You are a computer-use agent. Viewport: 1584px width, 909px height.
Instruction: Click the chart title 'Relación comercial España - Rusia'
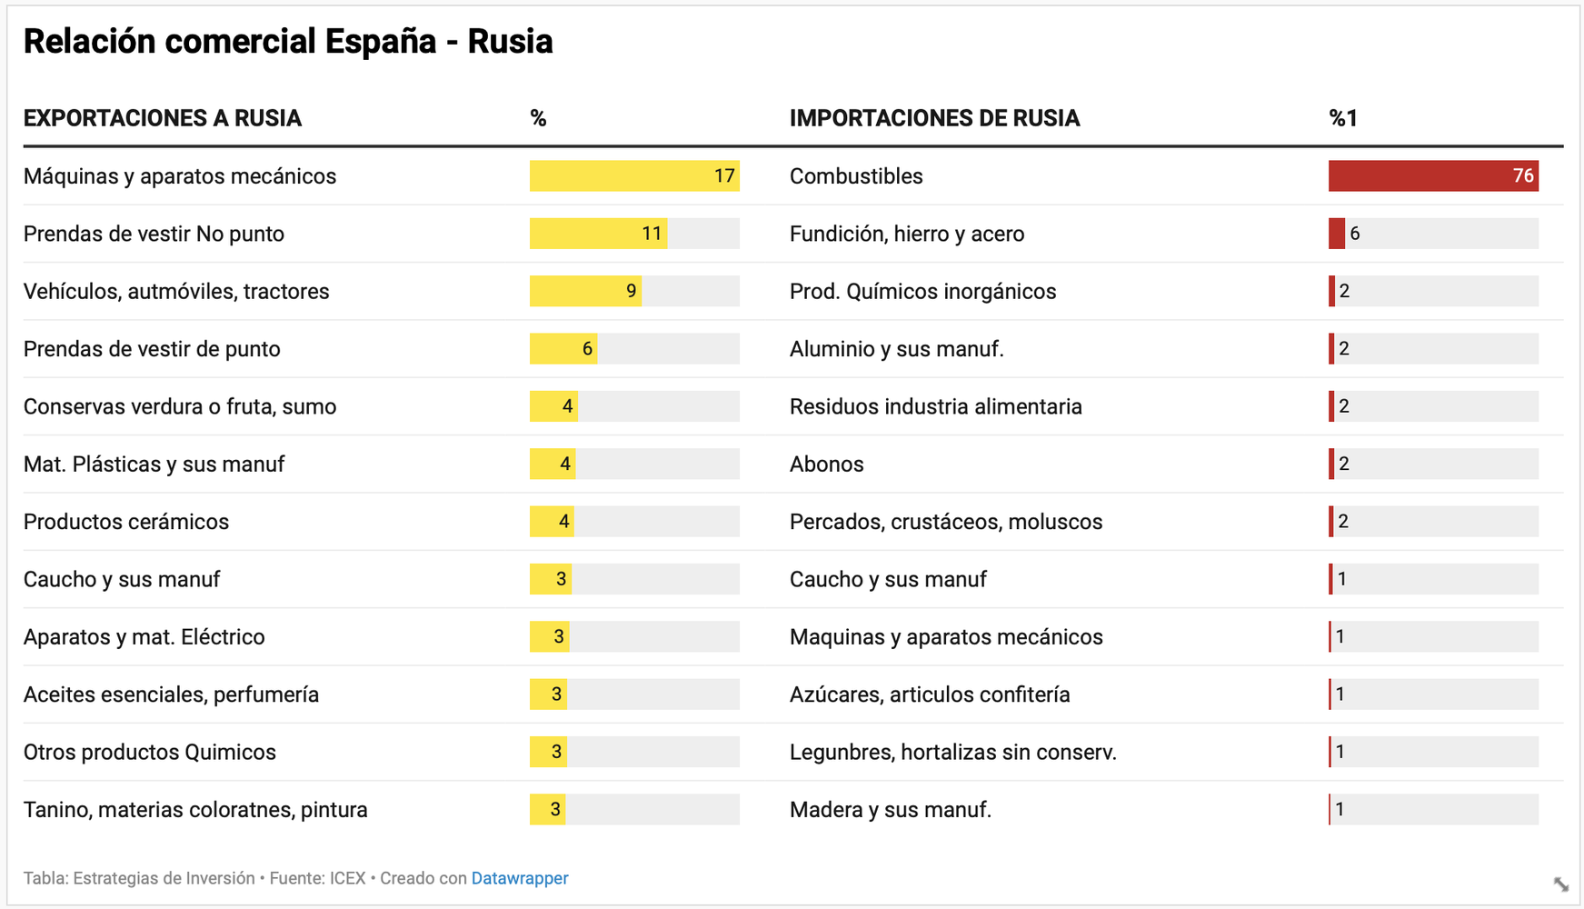pyautogui.click(x=288, y=42)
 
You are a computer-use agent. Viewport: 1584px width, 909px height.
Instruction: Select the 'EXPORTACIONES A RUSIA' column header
pyautogui.click(x=163, y=118)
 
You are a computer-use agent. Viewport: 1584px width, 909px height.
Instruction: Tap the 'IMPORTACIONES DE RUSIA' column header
pyautogui.click(x=934, y=118)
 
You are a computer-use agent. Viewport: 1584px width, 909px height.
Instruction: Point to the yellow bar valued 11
pyautogui.click(x=598, y=234)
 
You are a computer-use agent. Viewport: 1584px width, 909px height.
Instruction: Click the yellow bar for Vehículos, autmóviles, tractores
pyautogui.click(x=585, y=292)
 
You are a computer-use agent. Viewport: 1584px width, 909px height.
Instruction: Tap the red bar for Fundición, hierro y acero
pyautogui.click(x=1336, y=234)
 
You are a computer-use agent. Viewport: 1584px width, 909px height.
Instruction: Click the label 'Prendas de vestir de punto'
pyautogui.click(x=152, y=349)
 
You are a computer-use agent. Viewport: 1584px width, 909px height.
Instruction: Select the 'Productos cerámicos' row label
pyautogui.click(x=126, y=522)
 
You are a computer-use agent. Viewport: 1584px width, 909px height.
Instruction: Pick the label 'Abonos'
pyautogui.click(x=826, y=464)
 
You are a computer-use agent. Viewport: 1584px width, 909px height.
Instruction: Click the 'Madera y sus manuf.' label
pyautogui.click(x=890, y=810)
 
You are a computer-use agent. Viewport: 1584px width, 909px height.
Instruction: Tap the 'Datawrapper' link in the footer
pyautogui.click(x=520, y=878)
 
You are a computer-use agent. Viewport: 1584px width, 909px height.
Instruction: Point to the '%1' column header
pyautogui.click(x=1342, y=118)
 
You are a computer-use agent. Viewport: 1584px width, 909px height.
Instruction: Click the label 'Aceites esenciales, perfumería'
pyautogui.click(x=171, y=694)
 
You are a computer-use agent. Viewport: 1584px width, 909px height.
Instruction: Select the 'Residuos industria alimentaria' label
pyautogui.click(x=935, y=406)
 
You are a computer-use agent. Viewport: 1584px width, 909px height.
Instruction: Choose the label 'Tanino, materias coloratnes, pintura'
pyautogui.click(x=195, y=810)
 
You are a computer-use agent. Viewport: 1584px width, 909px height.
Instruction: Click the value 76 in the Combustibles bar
pyautogui.click(x=1523, y=176)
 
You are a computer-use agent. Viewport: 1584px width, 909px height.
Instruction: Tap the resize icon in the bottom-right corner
pyautogui.click(x=1560, y=884)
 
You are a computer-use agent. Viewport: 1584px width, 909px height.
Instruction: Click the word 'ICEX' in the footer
pyautogui.click(x=347, y=878)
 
